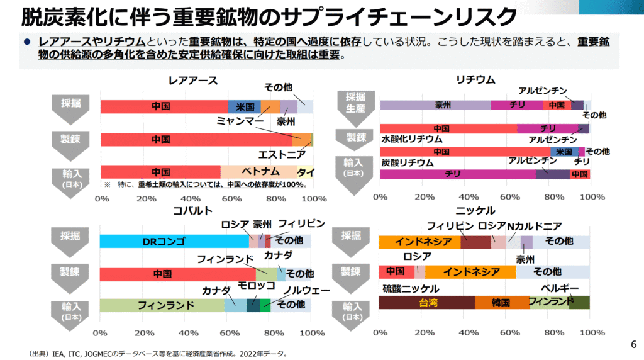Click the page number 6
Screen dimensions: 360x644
633,344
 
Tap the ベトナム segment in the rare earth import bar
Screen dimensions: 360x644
258,172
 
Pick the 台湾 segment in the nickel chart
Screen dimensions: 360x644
428,303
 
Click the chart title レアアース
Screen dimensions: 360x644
192,80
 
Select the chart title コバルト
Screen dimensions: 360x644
192,210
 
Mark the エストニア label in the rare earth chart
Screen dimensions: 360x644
282,154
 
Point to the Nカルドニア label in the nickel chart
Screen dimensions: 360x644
534,225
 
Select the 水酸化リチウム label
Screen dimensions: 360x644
412,139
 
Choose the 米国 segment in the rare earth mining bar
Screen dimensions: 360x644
244,107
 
